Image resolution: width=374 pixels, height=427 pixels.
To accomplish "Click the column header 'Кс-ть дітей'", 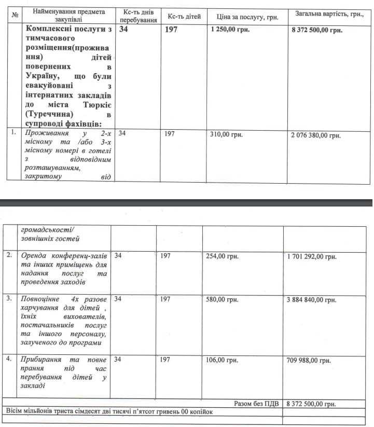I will (x=184, y=17).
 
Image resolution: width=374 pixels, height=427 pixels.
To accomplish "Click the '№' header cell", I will (x=15, y=14).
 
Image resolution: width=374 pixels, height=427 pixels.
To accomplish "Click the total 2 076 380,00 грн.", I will (x=316, y=135).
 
